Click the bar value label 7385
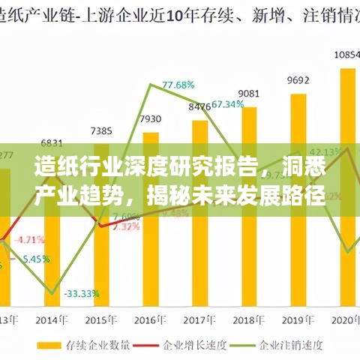tap(102, 130)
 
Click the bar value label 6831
tap(52, 142)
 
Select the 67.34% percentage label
tap(228, 104)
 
